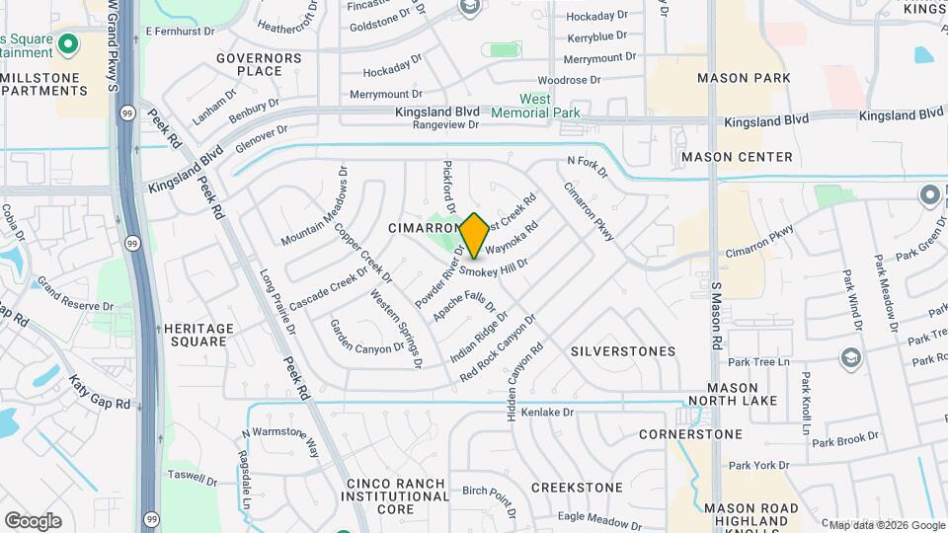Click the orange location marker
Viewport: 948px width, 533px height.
click(x=474, y=235)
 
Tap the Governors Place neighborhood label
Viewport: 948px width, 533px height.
click(x=258, y=64)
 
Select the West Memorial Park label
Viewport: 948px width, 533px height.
click(x=549, y=106)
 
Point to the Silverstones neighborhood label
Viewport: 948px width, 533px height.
click(x=623, y=351)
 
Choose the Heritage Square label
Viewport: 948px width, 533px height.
click(x=198, y=335)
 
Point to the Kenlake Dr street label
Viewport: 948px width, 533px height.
click(x=547, y=412)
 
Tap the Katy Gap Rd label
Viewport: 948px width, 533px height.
click(x=99, y=392)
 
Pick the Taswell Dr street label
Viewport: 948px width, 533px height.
click(x=193, y=476)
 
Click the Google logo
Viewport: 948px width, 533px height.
click(x=33, y=520)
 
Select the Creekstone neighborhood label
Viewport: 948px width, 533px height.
click(x=577, y=488)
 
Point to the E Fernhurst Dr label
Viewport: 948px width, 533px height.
click(x=181, y=32)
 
